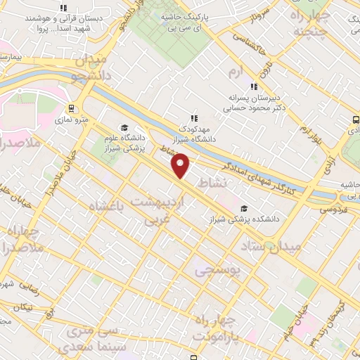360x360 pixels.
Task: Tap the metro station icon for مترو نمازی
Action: (71, 108)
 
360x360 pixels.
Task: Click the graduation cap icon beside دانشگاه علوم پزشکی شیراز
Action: (124, 128)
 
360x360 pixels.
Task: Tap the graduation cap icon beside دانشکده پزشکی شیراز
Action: (244, 208)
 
